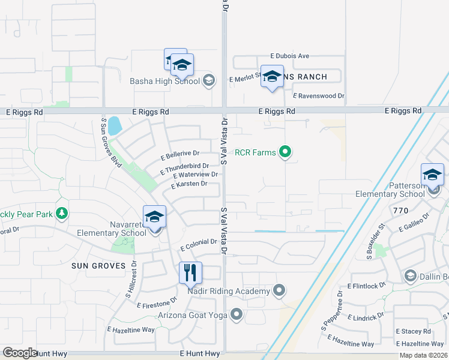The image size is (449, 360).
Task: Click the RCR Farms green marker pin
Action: click(x=286, y=152)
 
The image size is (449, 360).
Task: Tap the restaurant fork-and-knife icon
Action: click(x=190, y=273)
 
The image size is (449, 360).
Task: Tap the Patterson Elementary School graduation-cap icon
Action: click(x=432, y=175)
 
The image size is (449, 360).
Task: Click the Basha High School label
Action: click(x=165, y=81)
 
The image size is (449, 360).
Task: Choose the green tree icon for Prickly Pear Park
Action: click(x=61, y=213)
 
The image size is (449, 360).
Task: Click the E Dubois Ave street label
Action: click(x=289, y=56)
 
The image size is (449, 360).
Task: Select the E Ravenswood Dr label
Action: click(x=319, y=95)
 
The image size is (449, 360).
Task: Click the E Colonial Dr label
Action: click(x=198, y=242)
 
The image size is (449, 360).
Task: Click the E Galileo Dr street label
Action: click(x=415, y=223)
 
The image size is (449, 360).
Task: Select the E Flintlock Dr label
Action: click(x=366, y=286)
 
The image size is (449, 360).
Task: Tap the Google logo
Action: click(x=20, y=352)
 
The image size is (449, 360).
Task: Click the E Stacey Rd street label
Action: click(x=414, y=331)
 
